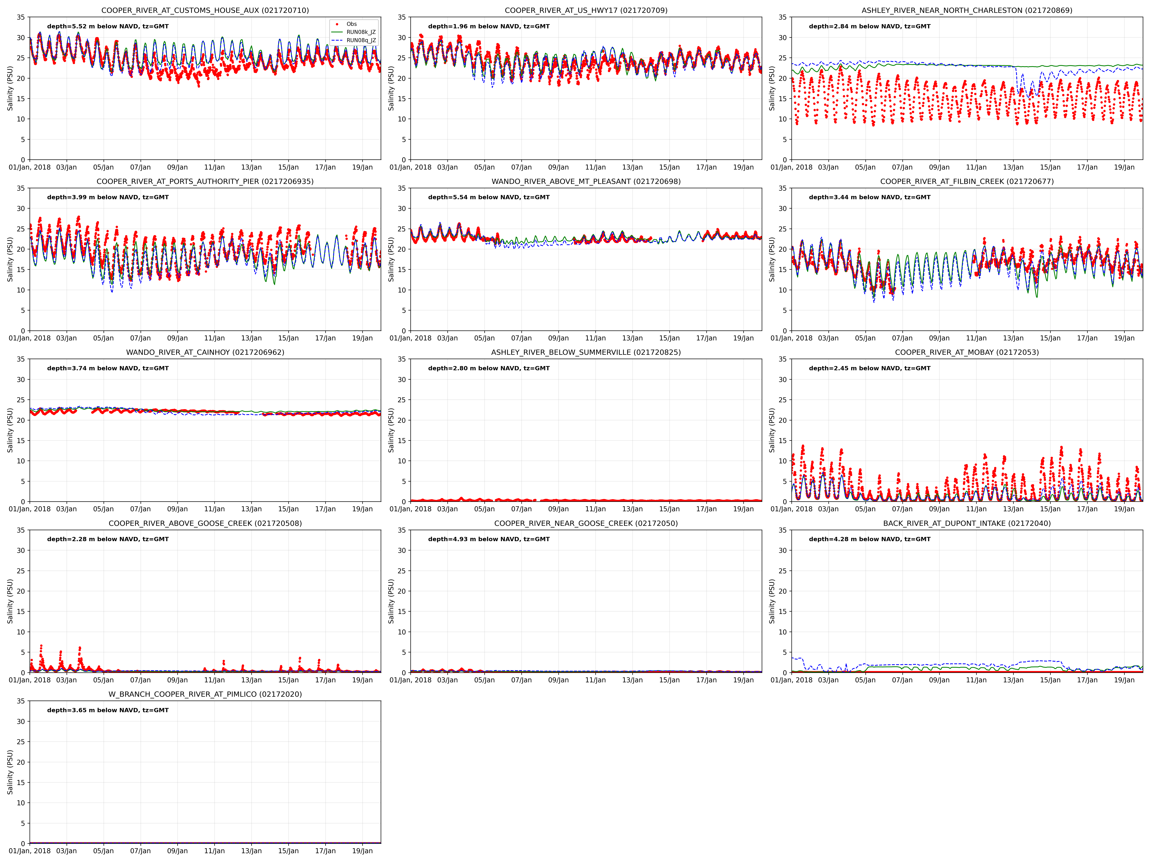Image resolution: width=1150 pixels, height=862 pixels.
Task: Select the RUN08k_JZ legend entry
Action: click(x=361, y=32)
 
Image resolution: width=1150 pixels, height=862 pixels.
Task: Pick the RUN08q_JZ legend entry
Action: click(x=361, y=41)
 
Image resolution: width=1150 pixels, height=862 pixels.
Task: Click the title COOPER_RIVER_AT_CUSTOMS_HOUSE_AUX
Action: click(x=205, y=10)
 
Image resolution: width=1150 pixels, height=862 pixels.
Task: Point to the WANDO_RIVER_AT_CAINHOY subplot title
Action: click(x=205, y=352)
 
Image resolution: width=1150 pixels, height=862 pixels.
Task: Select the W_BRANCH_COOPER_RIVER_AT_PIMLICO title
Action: click(x=205, y=694)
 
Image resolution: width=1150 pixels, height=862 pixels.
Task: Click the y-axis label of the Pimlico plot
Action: click(x=10, y=772)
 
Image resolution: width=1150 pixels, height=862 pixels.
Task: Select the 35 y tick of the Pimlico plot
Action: click(x=21, y=701)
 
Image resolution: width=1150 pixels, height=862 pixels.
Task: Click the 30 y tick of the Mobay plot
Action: click(x=782, y=379)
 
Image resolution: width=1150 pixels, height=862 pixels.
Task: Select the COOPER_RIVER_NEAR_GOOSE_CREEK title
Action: click(x=586, y=523)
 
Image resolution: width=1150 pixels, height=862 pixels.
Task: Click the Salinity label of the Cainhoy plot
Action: click(x=10, y=430)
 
